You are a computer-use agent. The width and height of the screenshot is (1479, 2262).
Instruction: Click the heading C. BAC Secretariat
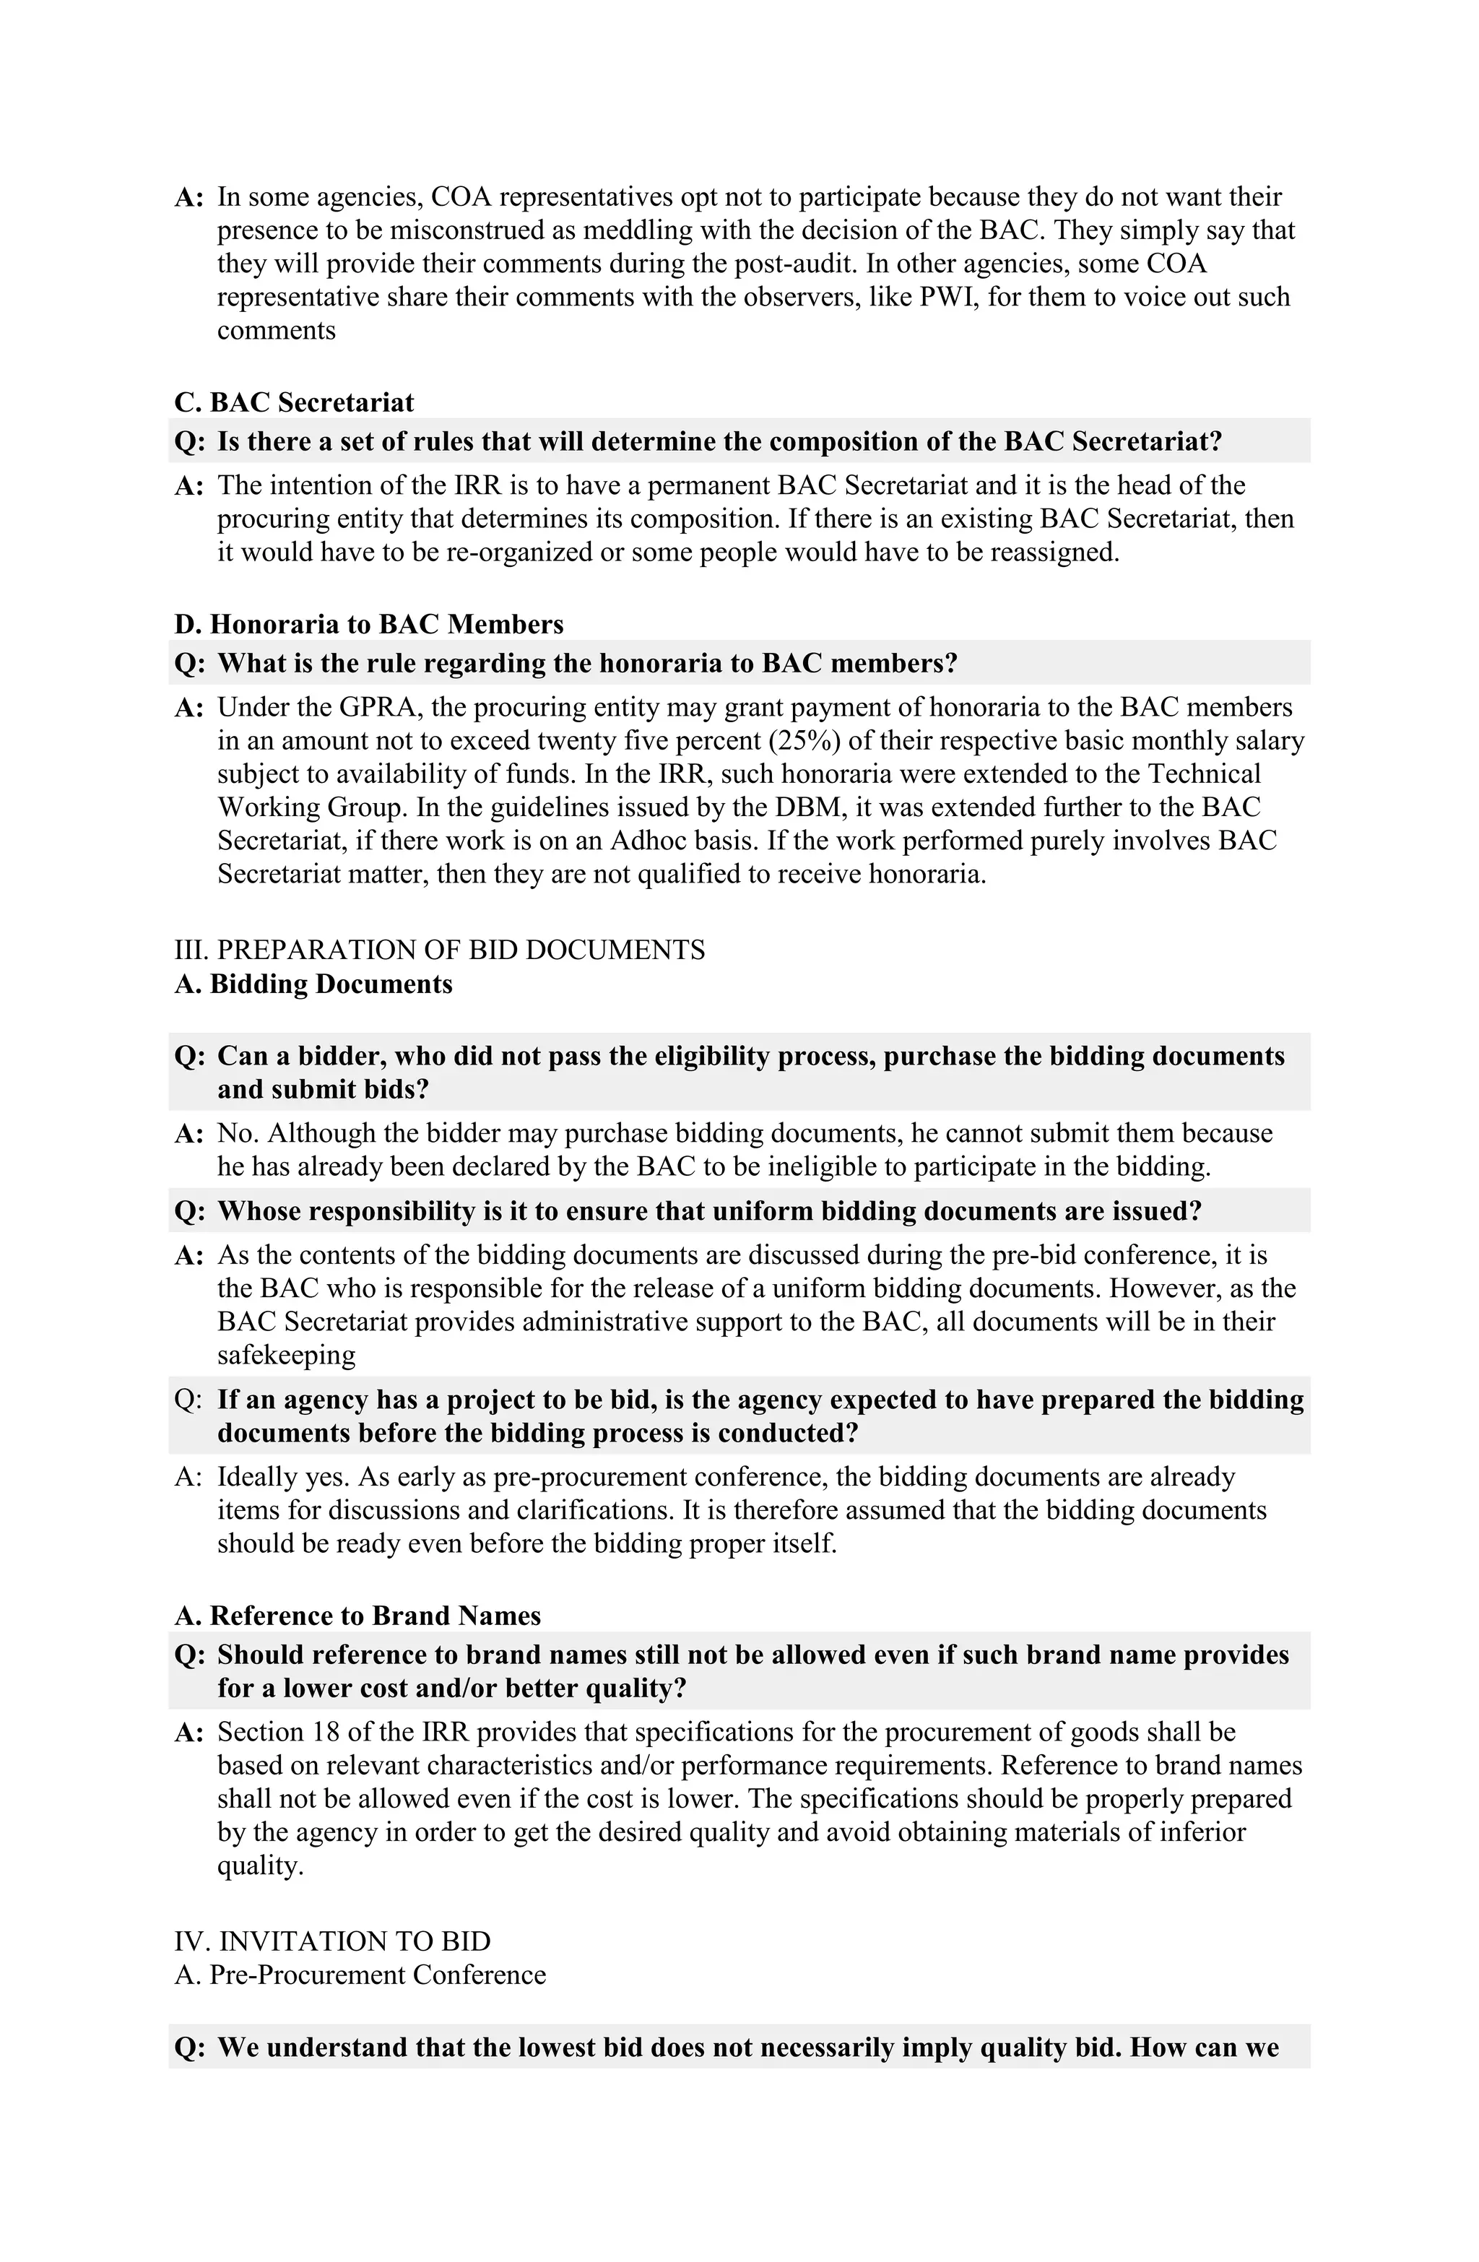tap(294, 402)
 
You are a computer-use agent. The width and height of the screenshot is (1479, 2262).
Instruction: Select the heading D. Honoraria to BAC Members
tap(369, 625)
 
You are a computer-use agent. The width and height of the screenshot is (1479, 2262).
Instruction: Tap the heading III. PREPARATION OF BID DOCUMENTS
tap(439, 950)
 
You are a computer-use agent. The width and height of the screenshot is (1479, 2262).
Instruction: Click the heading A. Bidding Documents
tap(313, 984)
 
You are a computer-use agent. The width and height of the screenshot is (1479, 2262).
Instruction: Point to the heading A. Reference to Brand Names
tap(357, 1616)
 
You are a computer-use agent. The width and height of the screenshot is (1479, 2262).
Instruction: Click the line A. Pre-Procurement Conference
tap(360, 1975)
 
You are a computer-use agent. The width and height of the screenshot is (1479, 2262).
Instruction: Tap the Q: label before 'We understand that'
tap(188, 2048)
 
